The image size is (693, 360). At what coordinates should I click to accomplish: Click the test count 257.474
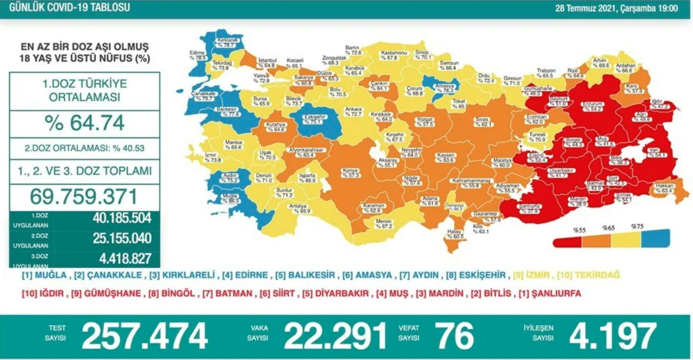point(144,336)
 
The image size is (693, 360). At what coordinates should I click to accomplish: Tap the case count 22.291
point(335,336)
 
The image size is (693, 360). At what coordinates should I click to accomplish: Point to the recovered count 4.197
point(613,336)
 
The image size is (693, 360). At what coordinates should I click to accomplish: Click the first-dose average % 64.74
point(85,122)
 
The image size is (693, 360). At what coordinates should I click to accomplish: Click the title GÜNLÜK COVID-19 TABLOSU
point(65,7)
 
